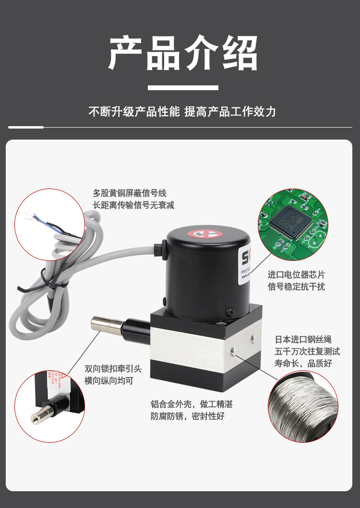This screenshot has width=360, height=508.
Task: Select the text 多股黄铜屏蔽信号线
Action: tap(129, 193)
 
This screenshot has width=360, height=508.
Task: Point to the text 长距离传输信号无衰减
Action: tap(133, 205)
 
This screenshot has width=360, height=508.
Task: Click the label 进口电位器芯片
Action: tap(296, 275)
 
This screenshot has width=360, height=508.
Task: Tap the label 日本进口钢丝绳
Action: tap(303, 340)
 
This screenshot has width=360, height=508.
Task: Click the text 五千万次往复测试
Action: tap(307, 352)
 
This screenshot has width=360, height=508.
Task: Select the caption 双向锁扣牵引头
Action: tap(113, 368)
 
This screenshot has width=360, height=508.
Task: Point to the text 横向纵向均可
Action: tap(108, 380)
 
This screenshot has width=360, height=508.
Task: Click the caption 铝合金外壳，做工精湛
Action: tap(192, 404)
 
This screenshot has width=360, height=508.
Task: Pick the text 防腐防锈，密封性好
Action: tap(187, 416)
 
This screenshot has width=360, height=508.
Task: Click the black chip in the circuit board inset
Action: tap(288, 220)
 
